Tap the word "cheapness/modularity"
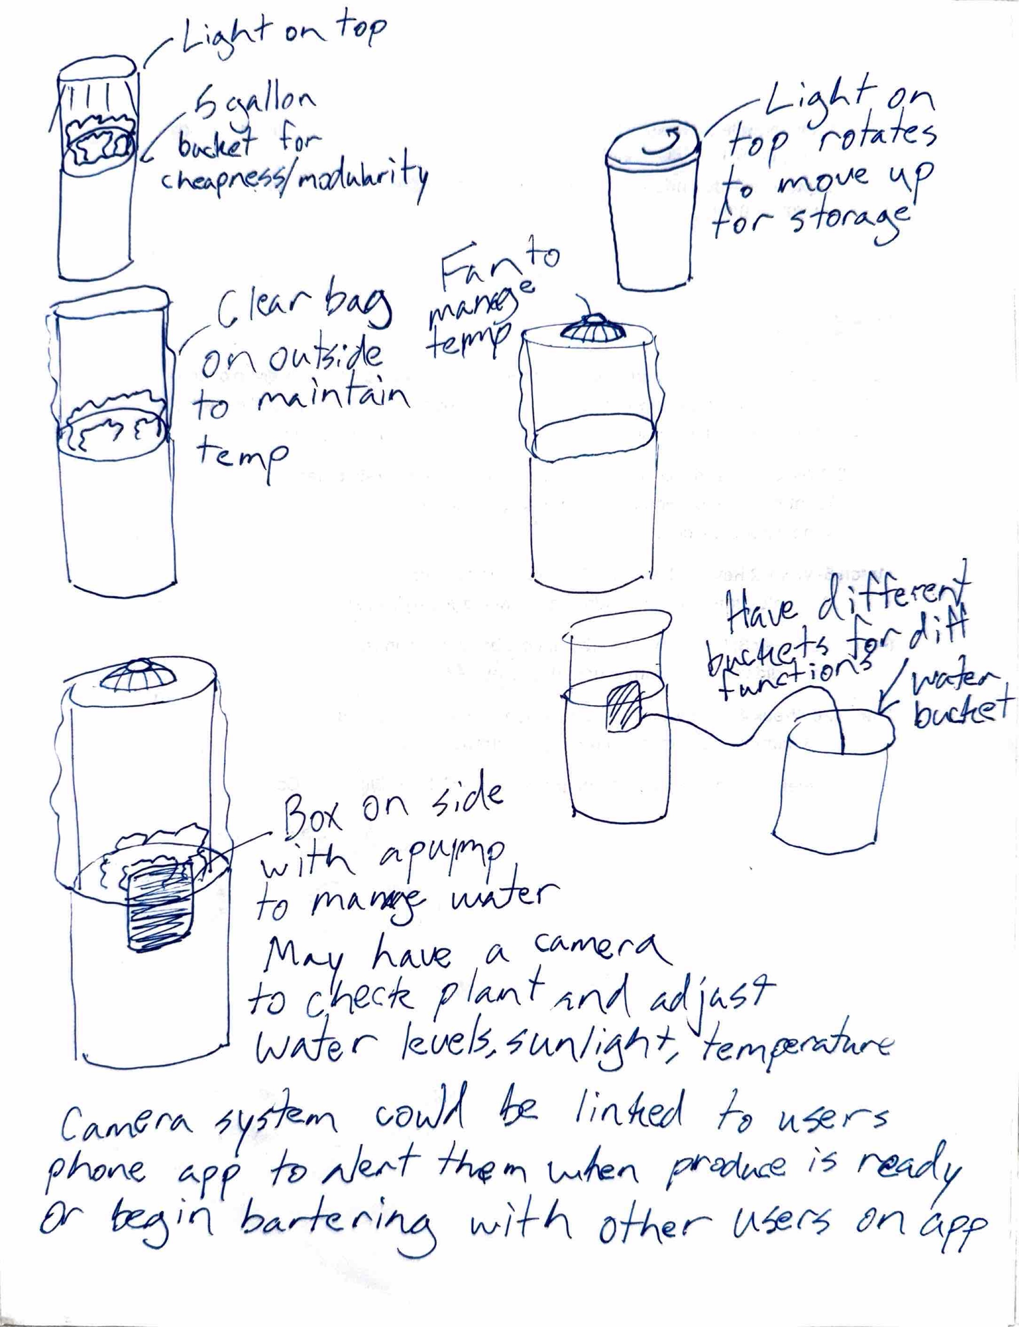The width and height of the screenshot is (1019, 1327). (294, 177)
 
